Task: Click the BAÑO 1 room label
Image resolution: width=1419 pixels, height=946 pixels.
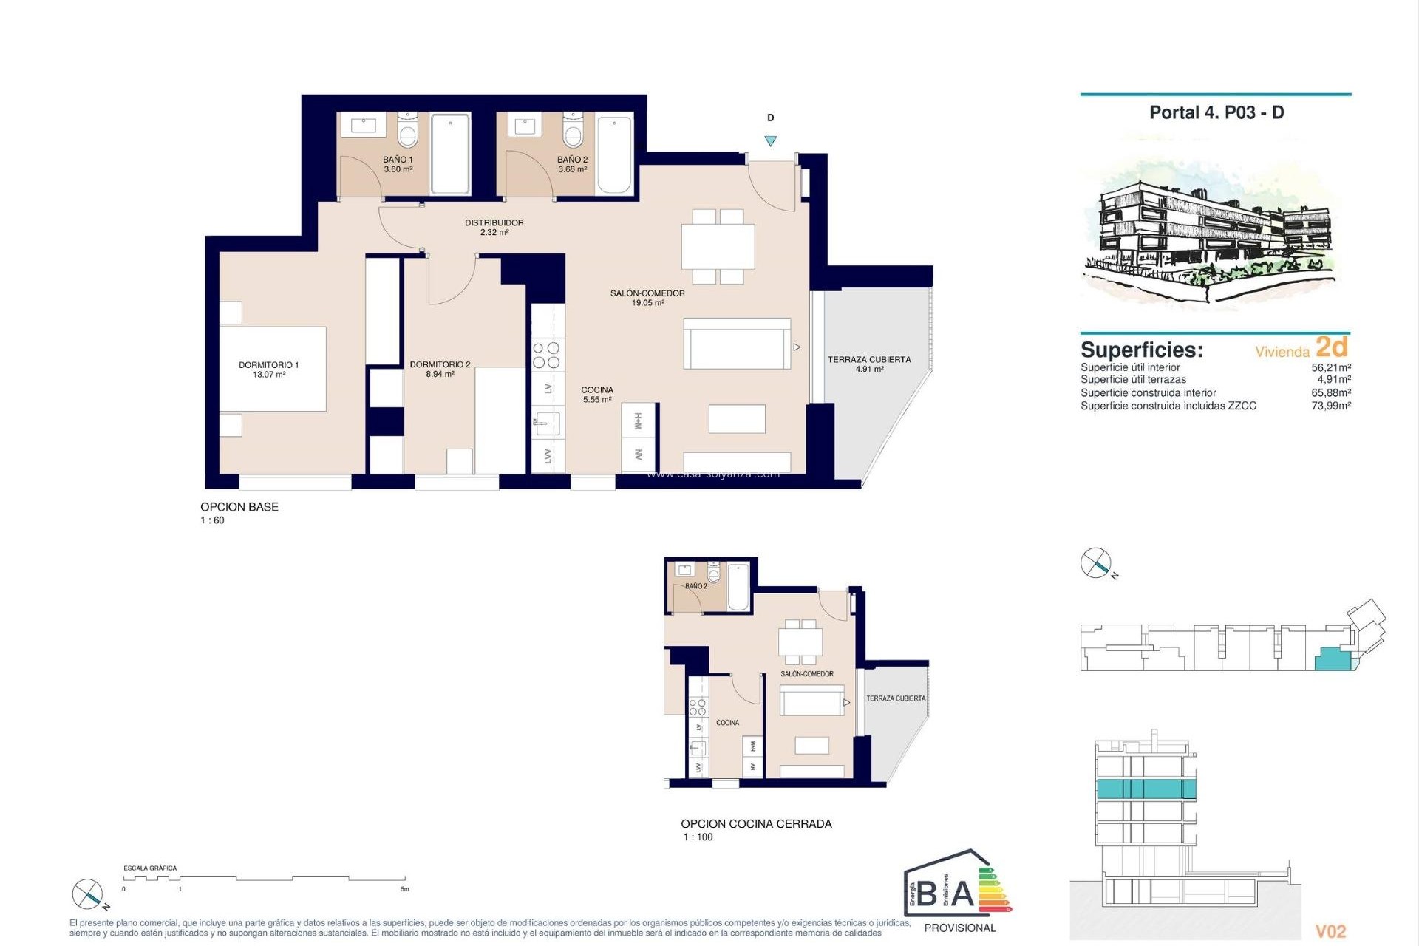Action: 398,160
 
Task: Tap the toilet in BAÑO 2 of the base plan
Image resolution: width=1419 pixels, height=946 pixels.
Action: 574,134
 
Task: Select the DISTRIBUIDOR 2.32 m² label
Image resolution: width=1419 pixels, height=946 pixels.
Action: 494,227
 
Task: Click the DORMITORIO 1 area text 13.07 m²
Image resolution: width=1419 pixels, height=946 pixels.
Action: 269,375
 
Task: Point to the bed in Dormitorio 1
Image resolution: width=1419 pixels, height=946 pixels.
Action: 273,369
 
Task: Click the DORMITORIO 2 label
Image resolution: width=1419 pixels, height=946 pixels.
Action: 440,364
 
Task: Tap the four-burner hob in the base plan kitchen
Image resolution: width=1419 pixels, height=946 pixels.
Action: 547,355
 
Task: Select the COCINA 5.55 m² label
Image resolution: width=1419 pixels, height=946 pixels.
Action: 597,395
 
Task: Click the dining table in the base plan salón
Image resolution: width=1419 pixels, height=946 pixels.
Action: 718,247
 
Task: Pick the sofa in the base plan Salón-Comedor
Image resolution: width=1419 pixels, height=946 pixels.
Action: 737,344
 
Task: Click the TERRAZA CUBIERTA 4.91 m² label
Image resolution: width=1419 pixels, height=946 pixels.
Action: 869,364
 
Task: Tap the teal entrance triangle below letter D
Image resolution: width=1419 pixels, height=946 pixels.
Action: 771,141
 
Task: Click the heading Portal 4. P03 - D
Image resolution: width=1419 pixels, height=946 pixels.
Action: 1216,113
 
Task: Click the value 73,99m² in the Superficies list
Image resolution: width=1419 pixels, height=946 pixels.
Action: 1330,406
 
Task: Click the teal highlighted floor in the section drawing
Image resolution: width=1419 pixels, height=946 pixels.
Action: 1146,789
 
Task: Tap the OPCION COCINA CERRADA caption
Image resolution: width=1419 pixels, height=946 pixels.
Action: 756,823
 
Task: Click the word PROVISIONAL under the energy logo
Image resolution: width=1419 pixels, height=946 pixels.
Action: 959,928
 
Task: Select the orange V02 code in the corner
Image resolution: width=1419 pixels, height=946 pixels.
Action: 1330,931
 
